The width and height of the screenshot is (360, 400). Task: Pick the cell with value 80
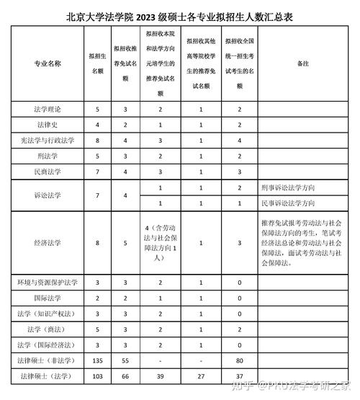point(235,359)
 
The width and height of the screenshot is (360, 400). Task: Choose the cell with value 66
point(125,375)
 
